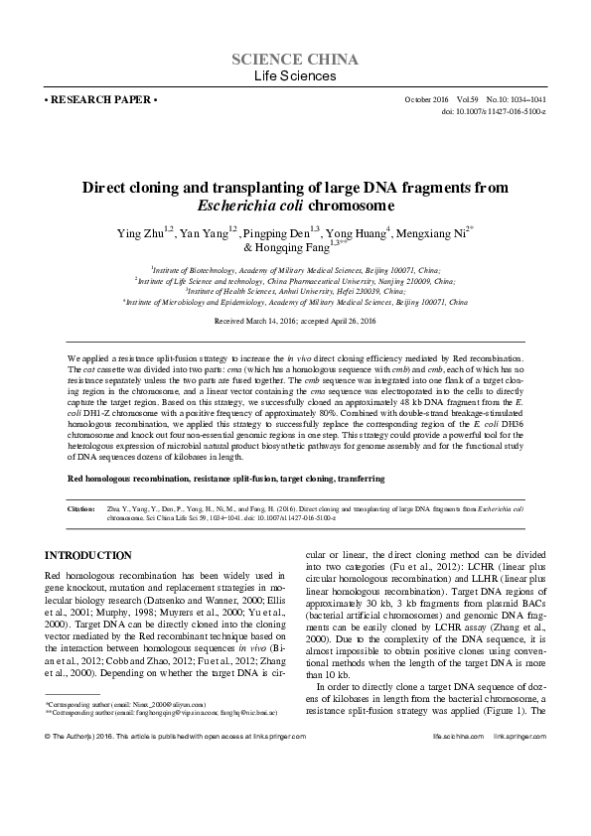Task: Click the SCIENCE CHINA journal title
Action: [295, 60]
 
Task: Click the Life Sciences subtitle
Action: [295, 76]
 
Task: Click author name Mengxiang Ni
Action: [433, 232]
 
